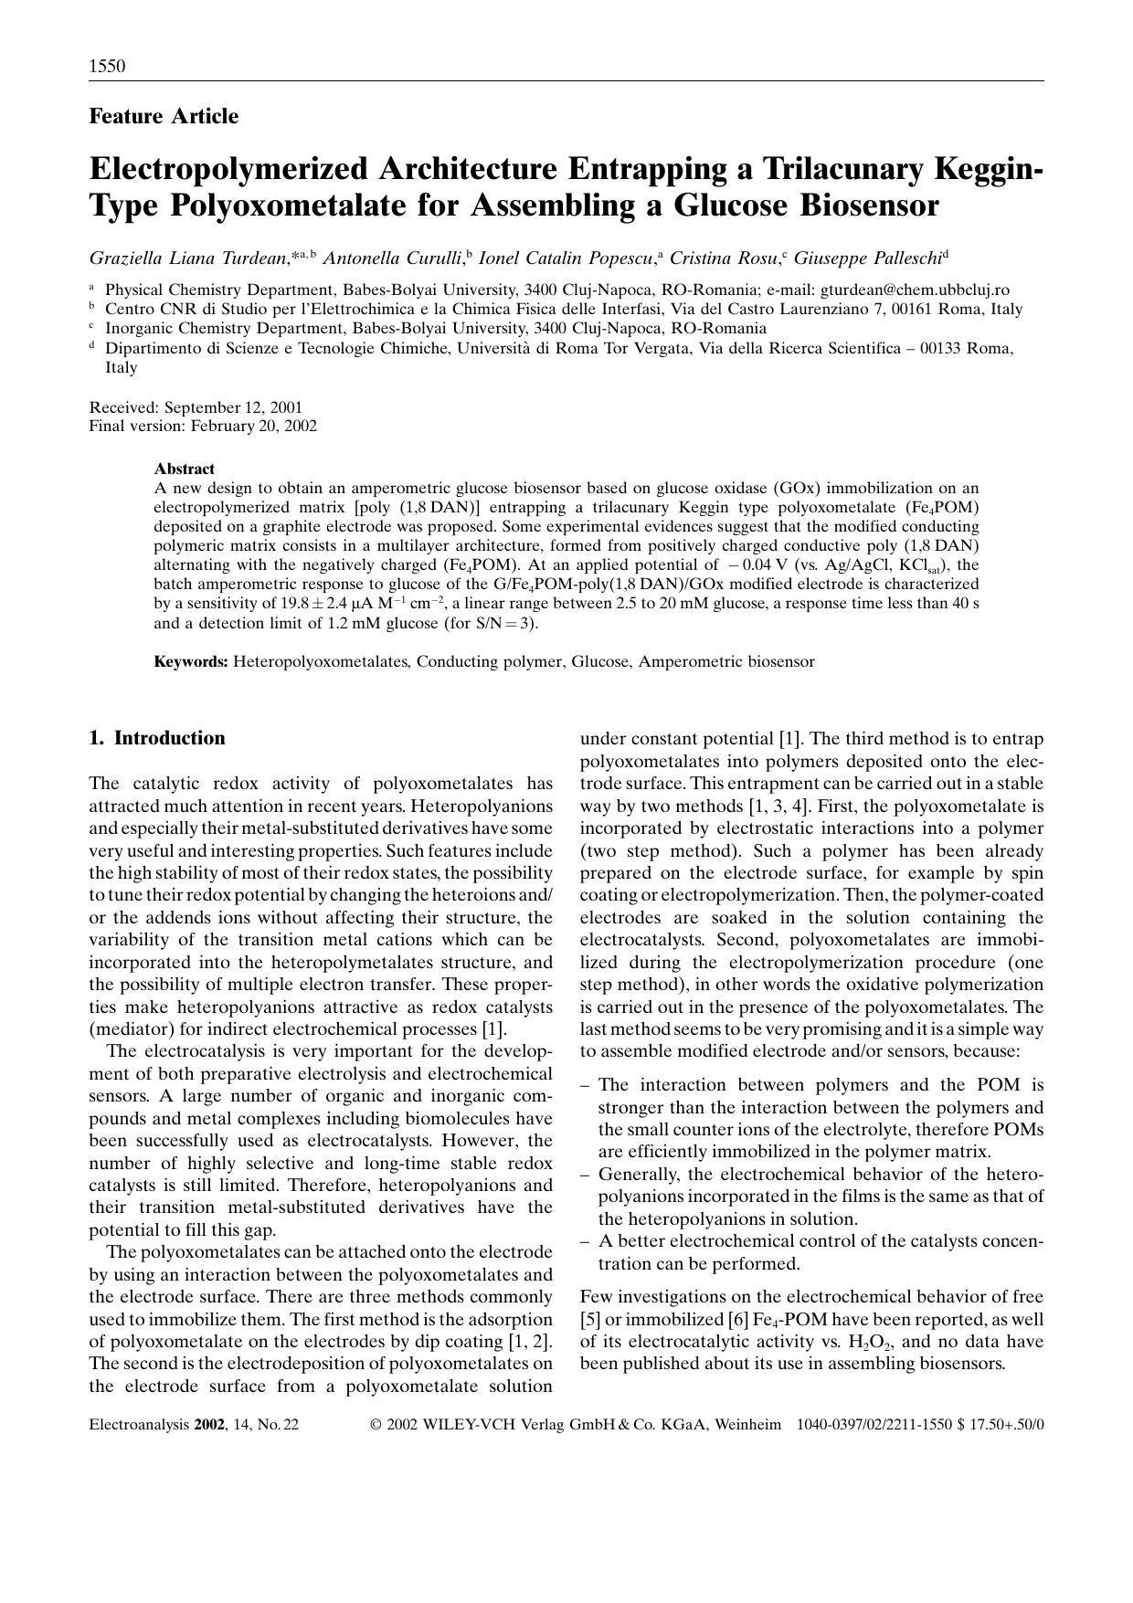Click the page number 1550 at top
pos(107,67)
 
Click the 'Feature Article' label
pos(164,117)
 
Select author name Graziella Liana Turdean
pos(188,258)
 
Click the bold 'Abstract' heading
pos(184,469)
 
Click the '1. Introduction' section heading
pos(157,738)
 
